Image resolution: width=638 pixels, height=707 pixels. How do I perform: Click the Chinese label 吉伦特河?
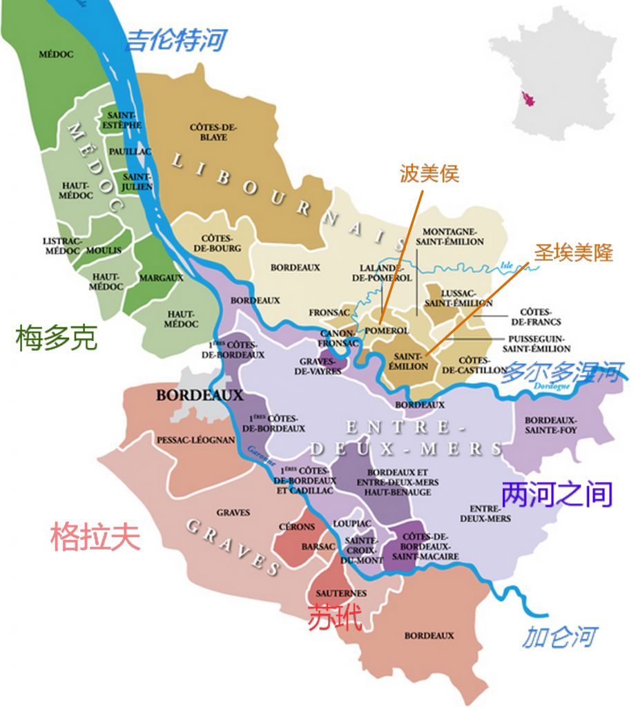[175, 41]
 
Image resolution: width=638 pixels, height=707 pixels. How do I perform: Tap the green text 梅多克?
[56, 338]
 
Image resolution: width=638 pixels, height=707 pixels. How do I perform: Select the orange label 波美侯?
[429, 173]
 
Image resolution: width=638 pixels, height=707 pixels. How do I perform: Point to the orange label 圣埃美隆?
[573, 253]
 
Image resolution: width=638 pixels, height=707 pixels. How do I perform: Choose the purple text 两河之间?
[556, 494]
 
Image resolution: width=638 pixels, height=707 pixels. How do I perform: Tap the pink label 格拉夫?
[95, 536]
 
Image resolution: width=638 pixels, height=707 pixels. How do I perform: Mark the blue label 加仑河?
[559, 636]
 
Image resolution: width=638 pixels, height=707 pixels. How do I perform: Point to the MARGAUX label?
[161, 278]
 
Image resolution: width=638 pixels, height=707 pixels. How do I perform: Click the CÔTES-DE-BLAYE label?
[213, 132]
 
